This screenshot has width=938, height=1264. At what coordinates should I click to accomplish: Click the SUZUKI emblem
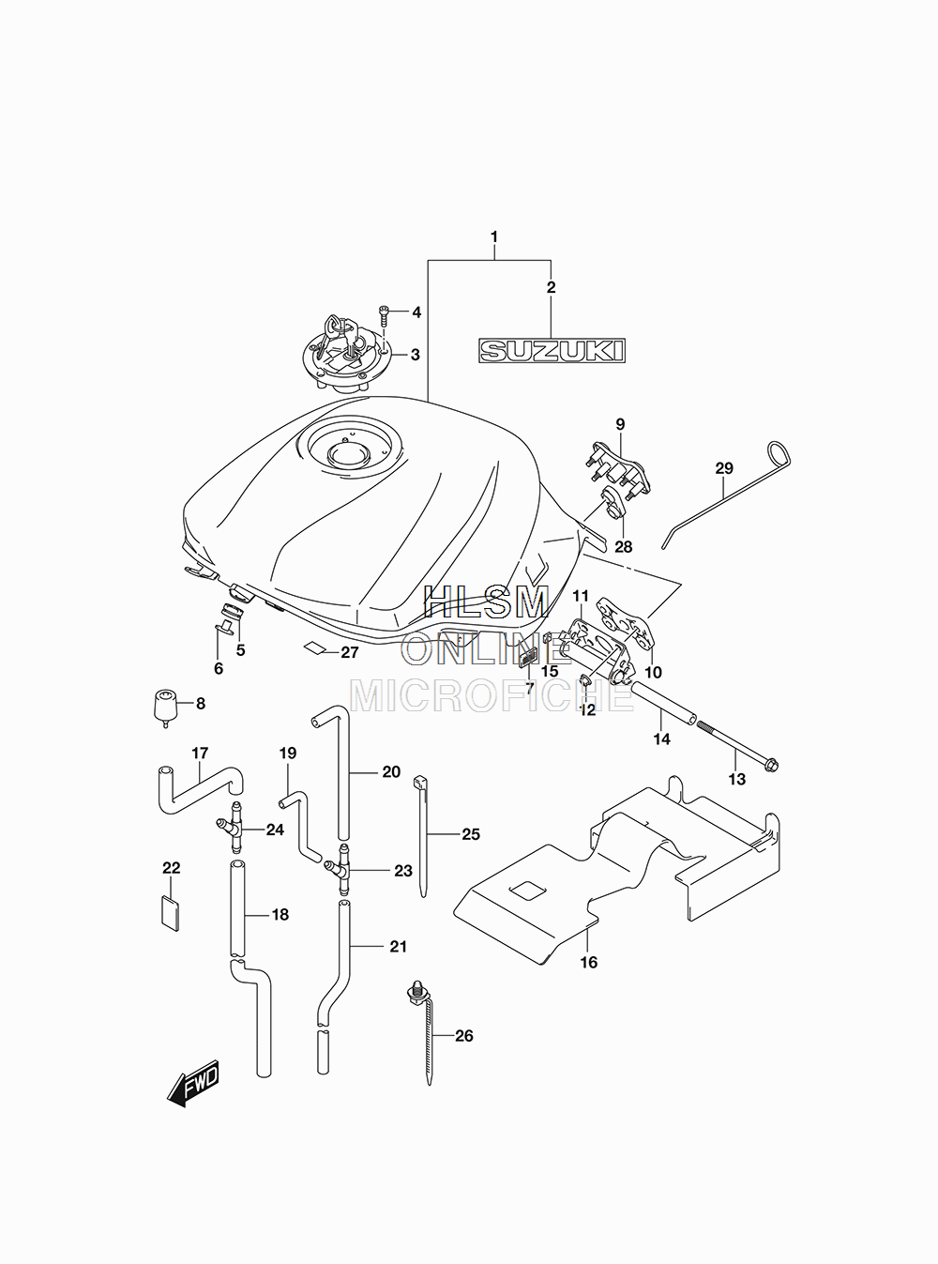click(551, 350)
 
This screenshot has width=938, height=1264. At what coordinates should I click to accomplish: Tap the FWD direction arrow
click(193, 1082)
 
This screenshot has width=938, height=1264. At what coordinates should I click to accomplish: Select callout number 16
click(589, 962)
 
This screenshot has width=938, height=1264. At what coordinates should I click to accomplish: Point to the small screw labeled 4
click(385, 315)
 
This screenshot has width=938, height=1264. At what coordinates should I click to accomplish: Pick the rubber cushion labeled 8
click(165, 708)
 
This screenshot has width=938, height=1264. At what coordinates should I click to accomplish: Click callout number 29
click(724, 468)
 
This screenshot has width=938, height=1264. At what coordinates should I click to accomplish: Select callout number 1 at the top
click(494, 236)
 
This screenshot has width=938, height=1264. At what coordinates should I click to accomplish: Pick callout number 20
click(391, 772)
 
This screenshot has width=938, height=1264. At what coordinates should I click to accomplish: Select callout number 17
click(200, 754)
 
